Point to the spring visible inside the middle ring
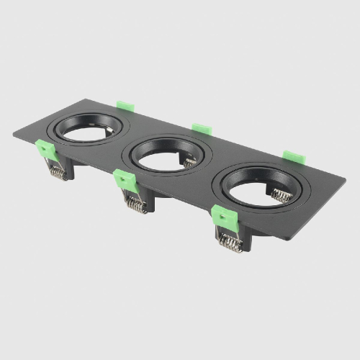pos(189,163)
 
